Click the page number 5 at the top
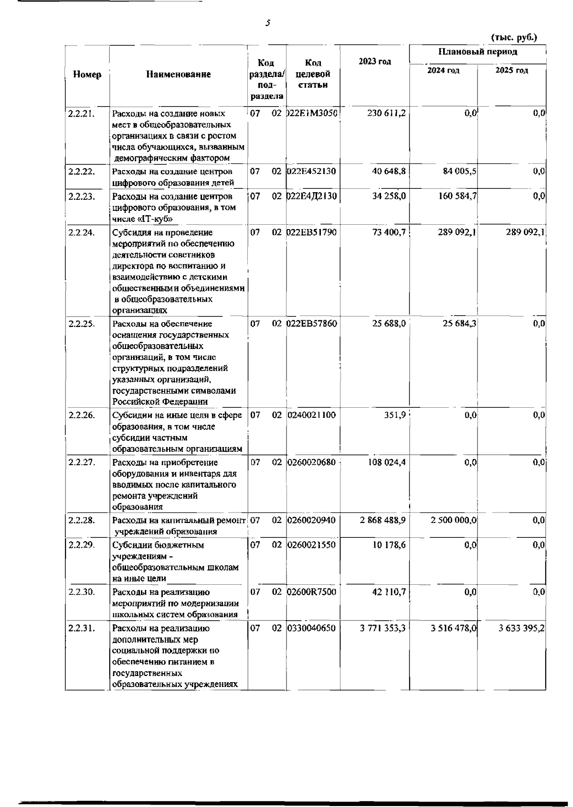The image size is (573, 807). [x=268, y=22]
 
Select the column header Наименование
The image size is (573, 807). [x=179, y=74]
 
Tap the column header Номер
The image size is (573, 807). [x=87, y=75]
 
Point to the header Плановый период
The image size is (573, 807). [x=477, y=52]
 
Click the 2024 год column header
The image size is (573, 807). [x=443, y=71]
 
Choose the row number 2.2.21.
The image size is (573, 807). [x=81, y=114]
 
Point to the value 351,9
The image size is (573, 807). [x=395, y=415]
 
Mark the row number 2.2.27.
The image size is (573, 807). [x=82, y=462]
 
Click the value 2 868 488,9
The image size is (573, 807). [x=382, y=520]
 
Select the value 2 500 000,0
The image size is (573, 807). [x=453, y=520]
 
